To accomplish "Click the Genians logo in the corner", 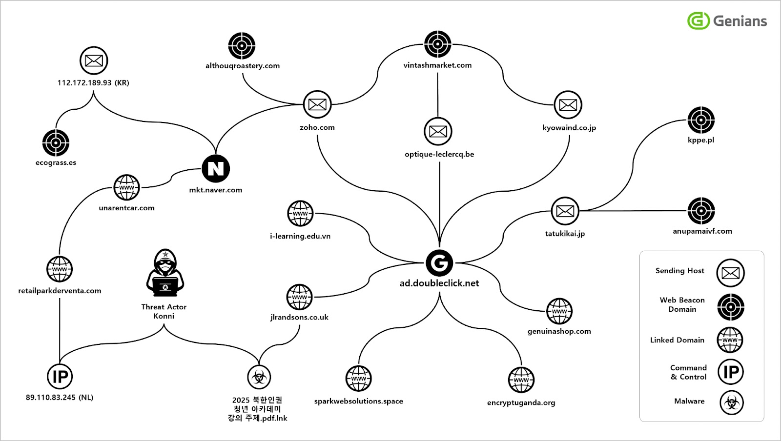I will point(727,21).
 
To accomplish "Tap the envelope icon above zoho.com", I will point(317,104).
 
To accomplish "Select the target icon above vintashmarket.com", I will point(437,44).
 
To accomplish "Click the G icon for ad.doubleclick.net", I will point(439,263).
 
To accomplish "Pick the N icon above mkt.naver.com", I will point(215,169).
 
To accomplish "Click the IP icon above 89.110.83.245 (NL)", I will point(60,377).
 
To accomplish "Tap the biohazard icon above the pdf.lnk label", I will point(259,377).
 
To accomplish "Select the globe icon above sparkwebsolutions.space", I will point(358,379).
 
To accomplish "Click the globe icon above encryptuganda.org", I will point(521,380).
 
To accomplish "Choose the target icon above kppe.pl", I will point(701,120).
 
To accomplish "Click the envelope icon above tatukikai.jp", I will point(565,211).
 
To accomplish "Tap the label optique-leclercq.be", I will point(439,154).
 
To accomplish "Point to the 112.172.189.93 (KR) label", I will point(93,83).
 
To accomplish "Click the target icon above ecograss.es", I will point(56,143).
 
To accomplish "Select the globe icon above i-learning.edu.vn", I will point(300,214).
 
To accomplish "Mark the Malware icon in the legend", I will point(731,403).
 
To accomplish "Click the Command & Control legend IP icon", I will point(731,372).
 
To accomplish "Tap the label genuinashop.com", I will point(559,331).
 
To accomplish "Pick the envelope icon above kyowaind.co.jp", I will point(568,105).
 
